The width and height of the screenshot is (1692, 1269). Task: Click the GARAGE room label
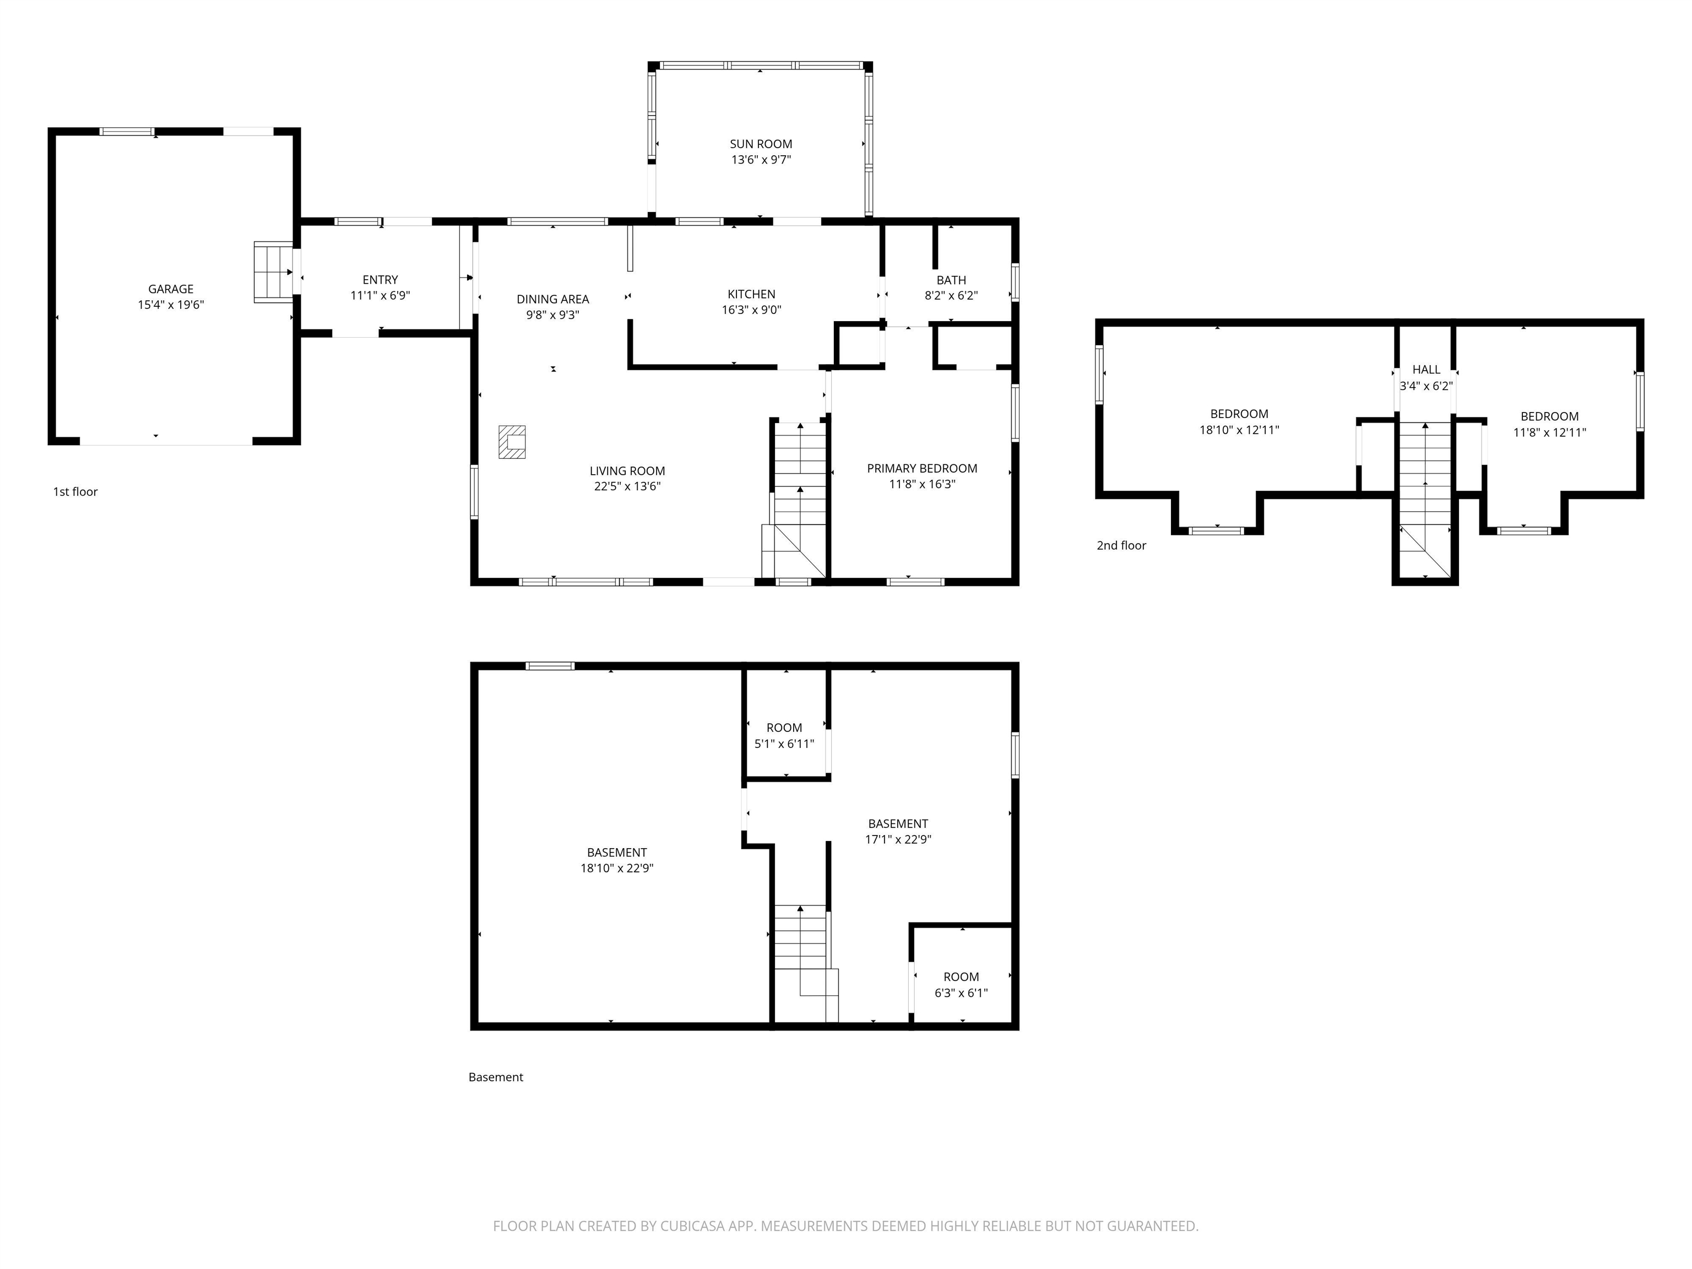(171, 289)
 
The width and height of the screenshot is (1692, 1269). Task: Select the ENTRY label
(380, 280)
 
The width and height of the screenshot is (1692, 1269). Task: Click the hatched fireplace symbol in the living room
(512, 442)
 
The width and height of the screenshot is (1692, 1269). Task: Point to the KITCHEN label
(751, 294)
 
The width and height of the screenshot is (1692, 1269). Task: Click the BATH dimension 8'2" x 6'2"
(951, 296)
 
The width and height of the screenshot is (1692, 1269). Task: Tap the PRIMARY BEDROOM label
(921, 468)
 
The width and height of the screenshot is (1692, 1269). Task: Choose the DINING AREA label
(552, 299)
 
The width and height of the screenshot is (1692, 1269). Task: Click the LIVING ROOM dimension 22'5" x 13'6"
(627, 486)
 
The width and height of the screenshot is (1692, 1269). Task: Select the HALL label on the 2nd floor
(1426, 370)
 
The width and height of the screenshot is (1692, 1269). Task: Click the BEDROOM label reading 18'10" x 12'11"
(1239, 414)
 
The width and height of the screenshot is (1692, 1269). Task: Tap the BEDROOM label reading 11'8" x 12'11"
(1549, 416)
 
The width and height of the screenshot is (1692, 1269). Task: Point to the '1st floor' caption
(75, 492)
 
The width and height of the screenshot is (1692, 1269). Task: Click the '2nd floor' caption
(1121, 545)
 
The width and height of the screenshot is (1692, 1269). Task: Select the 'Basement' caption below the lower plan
(496, 1077)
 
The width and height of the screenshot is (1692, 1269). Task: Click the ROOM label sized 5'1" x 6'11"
(784, 728)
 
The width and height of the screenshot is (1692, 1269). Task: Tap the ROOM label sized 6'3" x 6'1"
(961, 977)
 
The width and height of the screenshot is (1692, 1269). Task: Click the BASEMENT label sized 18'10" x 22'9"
(616, 852)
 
